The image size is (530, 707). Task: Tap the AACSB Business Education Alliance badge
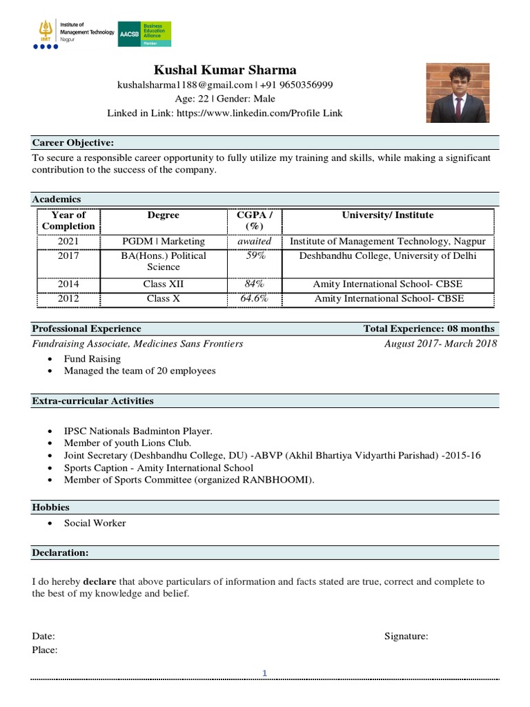click(144, 34)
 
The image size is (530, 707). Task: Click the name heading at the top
click(225, 70)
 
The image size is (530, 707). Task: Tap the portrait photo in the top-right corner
click(458, 93)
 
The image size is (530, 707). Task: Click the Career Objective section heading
click(73, 143)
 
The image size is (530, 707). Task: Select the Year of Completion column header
click(68, 220)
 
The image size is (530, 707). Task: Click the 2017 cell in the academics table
click(68, 255)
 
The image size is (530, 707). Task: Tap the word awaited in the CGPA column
click(255, 242)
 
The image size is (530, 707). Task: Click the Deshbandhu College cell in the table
click(387, 255)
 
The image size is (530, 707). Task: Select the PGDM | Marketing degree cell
click(164, 242)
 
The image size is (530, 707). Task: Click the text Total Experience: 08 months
click(429, 329)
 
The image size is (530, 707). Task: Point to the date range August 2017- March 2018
click(440, 343)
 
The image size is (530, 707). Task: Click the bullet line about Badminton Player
click(138, 431)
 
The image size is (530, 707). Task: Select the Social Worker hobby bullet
click(95, 523)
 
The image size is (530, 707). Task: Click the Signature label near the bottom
click(406, 637)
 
